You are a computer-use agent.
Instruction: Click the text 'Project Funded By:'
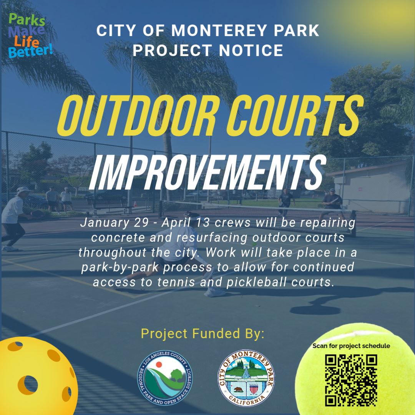[x=203, y=333]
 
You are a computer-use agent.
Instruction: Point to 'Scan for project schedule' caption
[x=351, y=346]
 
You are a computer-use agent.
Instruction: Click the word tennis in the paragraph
[x=183, y=282]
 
